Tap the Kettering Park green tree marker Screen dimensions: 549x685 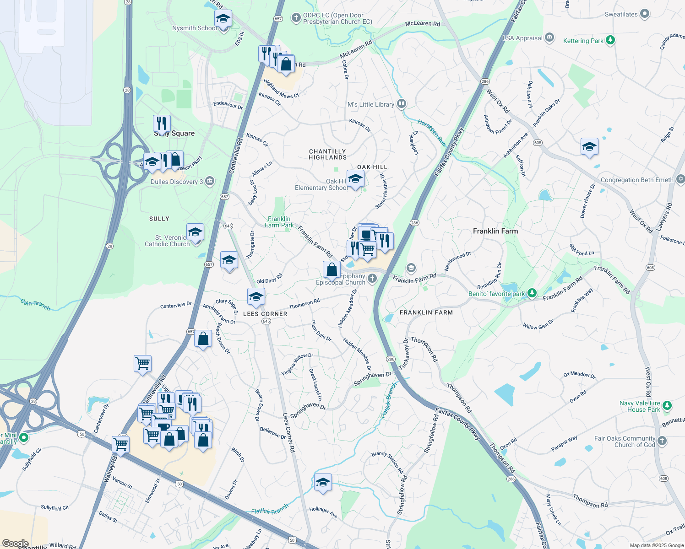coord(610,40)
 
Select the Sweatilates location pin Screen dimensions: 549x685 coord(645,14)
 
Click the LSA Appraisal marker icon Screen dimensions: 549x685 coord(549,38)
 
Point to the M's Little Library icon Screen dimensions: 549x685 coord(401,104)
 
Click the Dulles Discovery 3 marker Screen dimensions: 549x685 coord(210,181)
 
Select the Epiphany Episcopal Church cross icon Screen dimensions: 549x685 coord(372,278)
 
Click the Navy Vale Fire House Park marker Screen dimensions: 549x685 coord(667,406)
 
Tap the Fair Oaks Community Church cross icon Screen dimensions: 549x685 coord(662,441)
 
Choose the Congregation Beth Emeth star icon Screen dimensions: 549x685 coord(680,179)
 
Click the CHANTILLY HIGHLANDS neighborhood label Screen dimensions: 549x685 coord(327,154)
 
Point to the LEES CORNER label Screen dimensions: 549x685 coord(265,314)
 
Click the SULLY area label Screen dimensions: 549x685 coord(159,219)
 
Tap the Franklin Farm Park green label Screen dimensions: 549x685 coord(279,222)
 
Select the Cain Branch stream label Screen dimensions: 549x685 coord(35,304)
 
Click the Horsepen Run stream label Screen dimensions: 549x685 coord(431,133)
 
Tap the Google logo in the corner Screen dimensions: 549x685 coord(15,544)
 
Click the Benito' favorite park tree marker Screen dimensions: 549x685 coord(532,293)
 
